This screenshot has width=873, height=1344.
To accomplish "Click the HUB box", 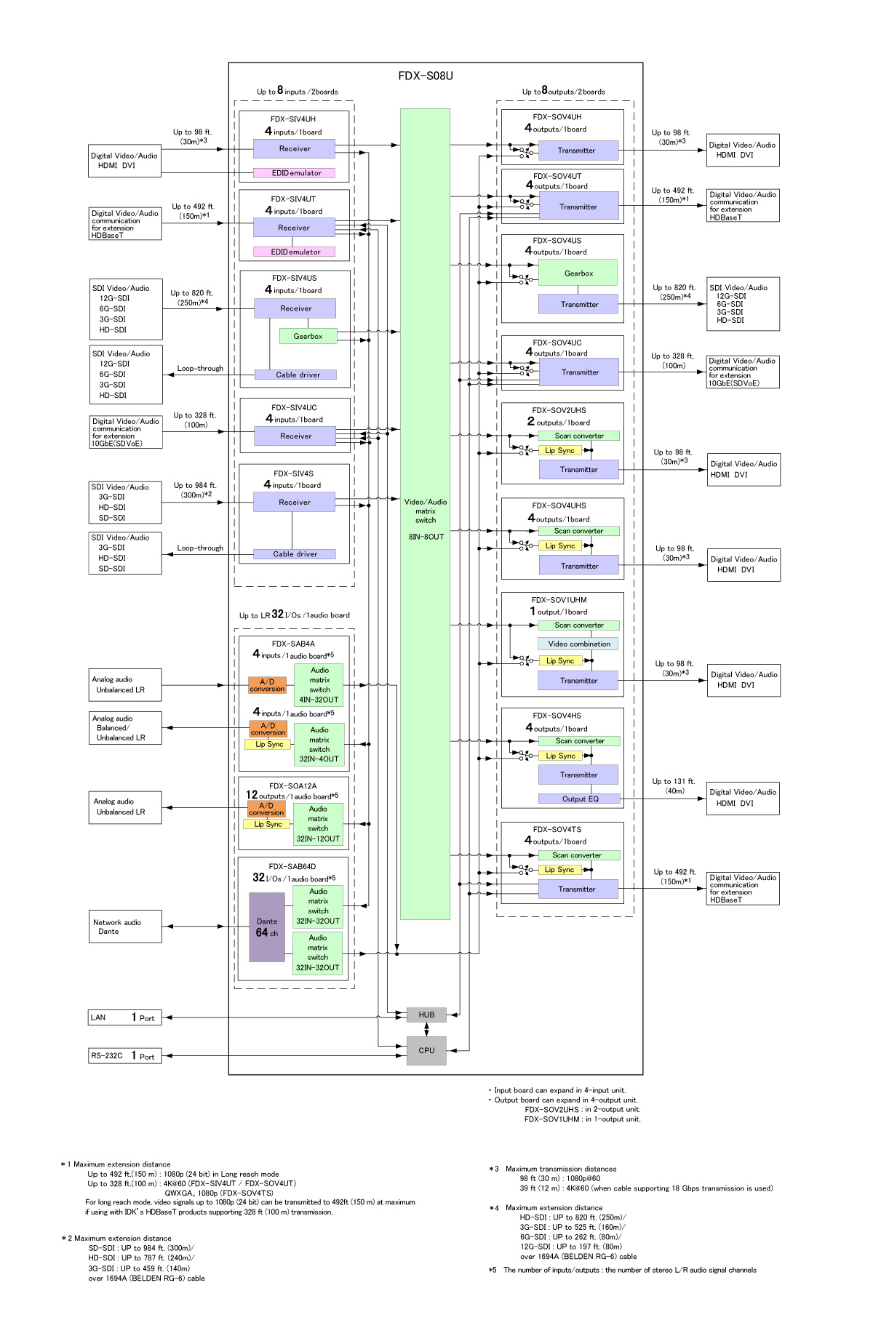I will point(426,1015).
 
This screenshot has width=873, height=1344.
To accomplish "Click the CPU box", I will point(426,1050).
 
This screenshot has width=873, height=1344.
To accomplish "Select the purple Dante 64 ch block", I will point(267,927).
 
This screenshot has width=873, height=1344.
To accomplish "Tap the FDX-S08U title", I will point(426,76).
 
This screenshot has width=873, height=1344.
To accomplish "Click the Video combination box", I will point(579,644).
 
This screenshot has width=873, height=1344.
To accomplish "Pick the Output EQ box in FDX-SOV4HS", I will point(580,799).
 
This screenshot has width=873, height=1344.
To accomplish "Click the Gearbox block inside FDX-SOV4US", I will point(578,273).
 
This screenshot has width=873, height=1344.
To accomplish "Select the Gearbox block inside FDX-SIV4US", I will point(308,336).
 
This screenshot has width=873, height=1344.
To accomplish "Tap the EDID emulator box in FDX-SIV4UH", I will point(295,173).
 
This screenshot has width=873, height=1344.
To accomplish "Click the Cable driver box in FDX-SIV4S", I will point(295,554).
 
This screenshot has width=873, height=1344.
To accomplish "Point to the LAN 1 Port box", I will point(124,1017).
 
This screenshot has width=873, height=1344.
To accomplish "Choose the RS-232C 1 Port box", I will point(124,1056).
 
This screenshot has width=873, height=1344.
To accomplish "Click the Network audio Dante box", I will point(124,927).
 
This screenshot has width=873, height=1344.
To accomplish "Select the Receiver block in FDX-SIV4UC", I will point(295,436).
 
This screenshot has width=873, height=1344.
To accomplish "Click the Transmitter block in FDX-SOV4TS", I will point(578,889).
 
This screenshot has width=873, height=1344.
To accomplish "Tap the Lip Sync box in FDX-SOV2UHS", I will point(559,451).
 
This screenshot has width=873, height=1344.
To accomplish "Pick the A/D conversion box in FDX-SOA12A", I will point(267,809).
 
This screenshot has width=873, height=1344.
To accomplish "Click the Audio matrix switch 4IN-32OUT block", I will point(319,685).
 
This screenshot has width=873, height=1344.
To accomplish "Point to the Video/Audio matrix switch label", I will point(426,511).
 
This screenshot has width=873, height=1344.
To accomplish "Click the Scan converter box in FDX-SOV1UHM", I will point(579,625).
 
